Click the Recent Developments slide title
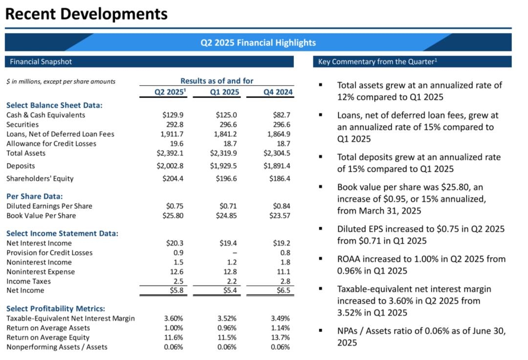pos(86,14)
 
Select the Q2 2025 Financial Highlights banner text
pos(258,43)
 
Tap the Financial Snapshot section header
pos(41,62)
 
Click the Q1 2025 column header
pos(224,91)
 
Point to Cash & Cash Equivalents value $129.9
pos(173,115)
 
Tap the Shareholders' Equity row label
pos(40,179)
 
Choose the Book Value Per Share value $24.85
pos(226,215)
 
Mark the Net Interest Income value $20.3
pos(174,243)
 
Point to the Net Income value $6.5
pos(282,291)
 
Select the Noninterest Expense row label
pos(41,271)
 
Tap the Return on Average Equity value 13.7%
pos(281,337)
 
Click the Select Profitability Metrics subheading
pos(56,309)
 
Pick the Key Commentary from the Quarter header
pos(377,62)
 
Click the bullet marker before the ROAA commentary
pos(320,259)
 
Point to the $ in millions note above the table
pos(61,81)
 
